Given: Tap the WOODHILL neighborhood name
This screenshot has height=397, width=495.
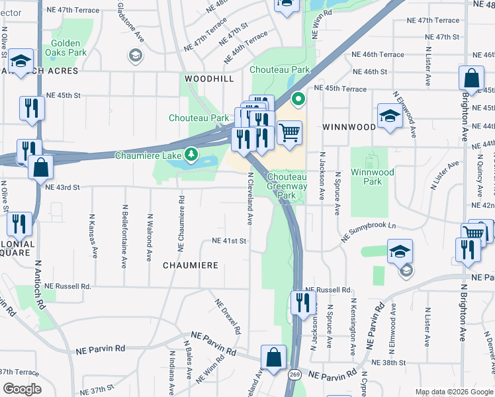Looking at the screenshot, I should coord(209,78).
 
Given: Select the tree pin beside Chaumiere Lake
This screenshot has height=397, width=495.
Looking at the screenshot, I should coord(191,154).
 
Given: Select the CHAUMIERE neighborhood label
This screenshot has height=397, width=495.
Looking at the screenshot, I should coord(187,265).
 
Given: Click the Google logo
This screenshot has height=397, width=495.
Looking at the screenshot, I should coord(22,389).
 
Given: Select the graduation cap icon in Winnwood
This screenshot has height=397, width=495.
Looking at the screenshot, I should coord(390,116).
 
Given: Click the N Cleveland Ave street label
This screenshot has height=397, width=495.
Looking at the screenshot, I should coord(251,198).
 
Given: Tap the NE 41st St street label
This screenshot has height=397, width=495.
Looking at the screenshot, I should coord(229,241).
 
